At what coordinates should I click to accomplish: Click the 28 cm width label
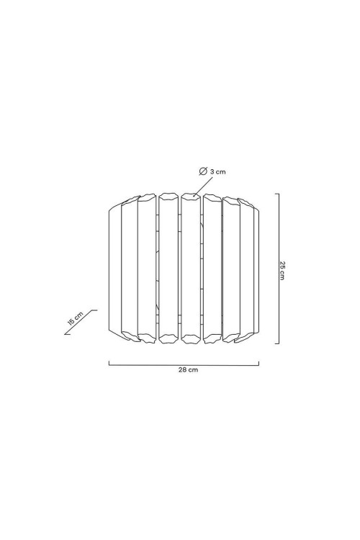pyautogui.click(x=188, y=370)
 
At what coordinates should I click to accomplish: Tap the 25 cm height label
pyautogui.click(x=282, y=270)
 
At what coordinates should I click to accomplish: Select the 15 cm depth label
pyautogui.click(x=76, y=318)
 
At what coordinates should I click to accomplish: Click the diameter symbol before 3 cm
pyautogui.click(x=203, y=171)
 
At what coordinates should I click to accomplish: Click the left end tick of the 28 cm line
pyautogui.click(x=109, y=363)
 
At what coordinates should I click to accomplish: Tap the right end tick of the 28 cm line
pyautogui.click(x=258, y=363)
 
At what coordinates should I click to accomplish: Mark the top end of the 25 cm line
pyautogui.click(x=277, y=194)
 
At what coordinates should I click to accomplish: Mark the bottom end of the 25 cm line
pyautogui.click(x=277, y=343)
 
